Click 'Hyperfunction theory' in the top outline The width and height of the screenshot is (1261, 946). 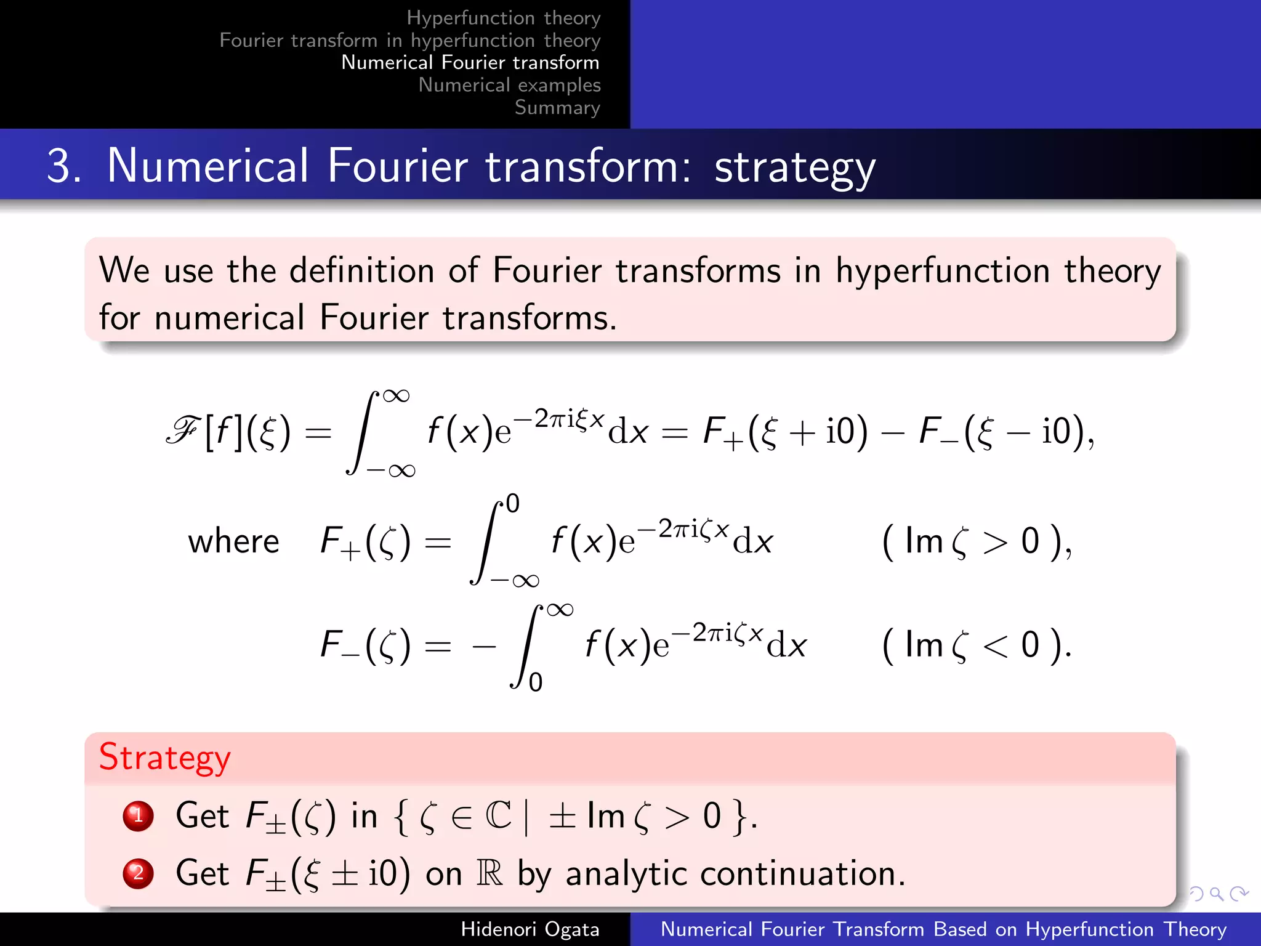(503, 18)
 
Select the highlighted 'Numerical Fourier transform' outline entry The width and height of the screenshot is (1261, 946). (470, 62)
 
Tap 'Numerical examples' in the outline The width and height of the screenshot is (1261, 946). (509, 85)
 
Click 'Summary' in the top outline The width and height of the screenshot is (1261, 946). (557, 107)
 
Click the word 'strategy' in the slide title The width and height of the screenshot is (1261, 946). (794, 167)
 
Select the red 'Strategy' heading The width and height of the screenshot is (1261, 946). (164, 758)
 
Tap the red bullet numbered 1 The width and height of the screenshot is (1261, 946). (138, 816)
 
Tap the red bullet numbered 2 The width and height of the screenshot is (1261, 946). (138, 873)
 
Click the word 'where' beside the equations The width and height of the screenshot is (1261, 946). (233, 542)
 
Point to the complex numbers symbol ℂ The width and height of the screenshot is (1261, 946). (498, 816)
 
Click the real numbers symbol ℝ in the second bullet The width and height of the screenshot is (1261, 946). (489, 873)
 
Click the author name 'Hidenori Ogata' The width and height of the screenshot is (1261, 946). (530, 929)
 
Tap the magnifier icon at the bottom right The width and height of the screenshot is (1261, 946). (1216, 893)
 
